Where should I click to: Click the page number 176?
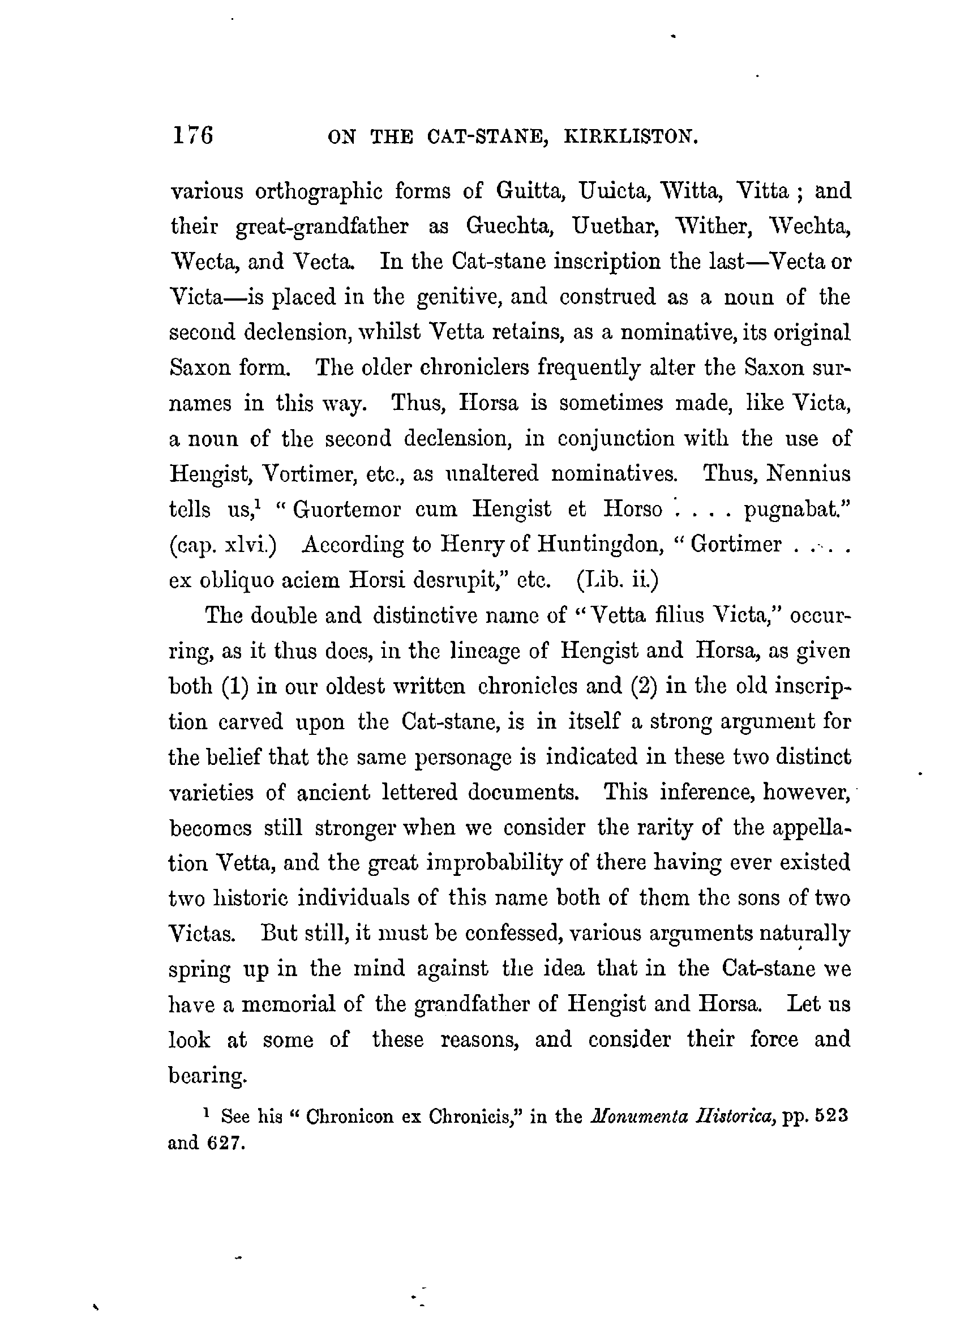192,136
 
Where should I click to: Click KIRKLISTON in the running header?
631,138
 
